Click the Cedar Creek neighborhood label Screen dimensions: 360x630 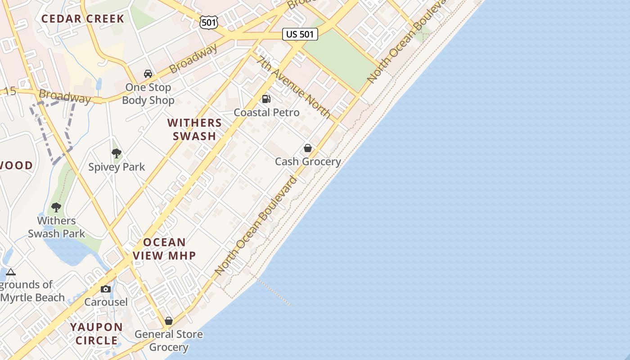82,19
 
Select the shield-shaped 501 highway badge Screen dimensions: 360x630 209,21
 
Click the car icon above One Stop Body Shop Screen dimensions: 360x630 148,74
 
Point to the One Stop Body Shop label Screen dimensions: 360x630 148,94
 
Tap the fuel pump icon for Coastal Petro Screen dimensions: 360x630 266,99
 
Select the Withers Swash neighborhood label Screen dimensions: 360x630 195,129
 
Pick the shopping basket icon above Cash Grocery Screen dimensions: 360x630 308,148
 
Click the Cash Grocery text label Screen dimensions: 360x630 308,162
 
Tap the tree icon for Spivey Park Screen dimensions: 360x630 117,153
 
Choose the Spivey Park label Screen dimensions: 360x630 117,167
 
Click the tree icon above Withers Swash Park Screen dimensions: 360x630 56,207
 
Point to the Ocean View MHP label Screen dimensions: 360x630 164,249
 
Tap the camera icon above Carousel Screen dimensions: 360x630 106,289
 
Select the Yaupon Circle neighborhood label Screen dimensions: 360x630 96,333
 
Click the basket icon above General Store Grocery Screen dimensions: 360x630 169,321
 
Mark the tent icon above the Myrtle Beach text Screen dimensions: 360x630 11,272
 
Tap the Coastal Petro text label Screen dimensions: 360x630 266,112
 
